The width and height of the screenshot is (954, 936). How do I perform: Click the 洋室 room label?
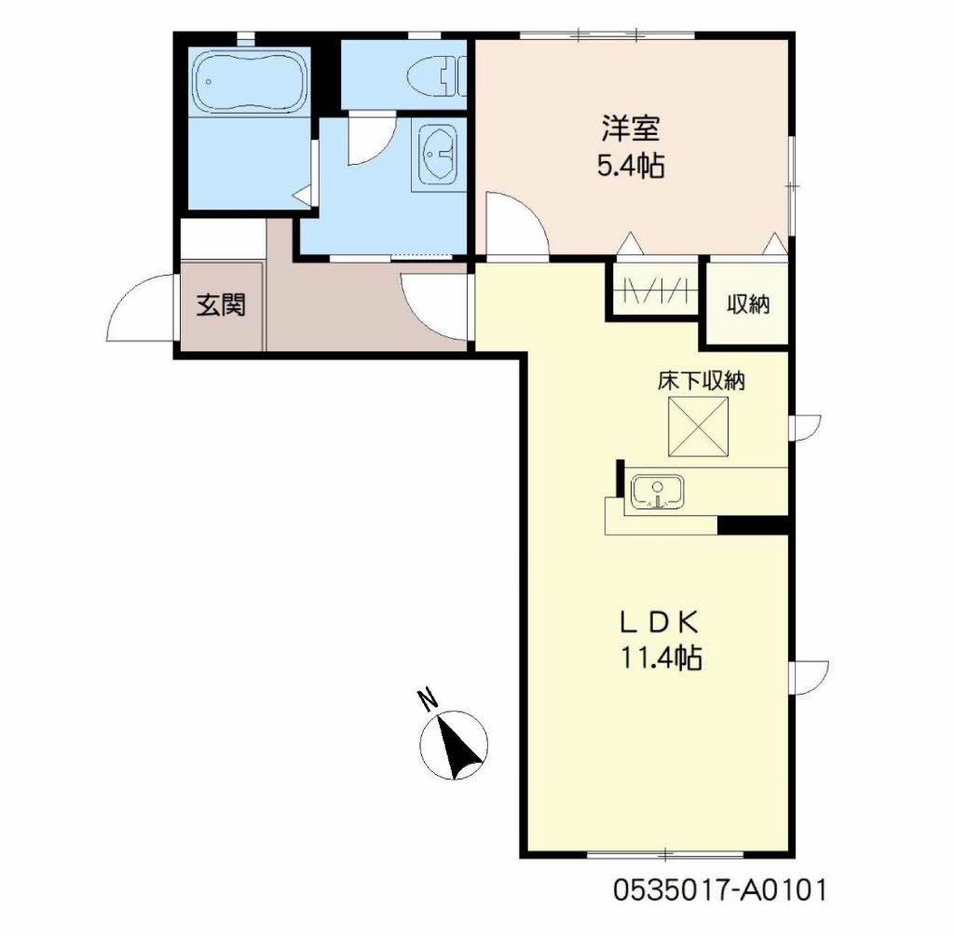pyautogui.click(x=630, y=128)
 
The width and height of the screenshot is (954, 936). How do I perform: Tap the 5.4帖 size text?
pyautogui.click(x=630, y=167)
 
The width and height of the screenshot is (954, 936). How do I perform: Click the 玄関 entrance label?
pyautogui.click(x=221, y=305)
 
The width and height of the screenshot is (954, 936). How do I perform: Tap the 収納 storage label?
pyautogui.click(x=748, y=305)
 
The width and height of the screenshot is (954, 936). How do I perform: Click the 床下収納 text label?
pyautogui.click(x=700, y=380)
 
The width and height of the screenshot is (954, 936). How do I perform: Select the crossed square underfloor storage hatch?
pyautogui.click(x=700, y=426)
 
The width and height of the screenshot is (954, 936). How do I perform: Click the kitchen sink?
pyautogui.click(x=657, y=492)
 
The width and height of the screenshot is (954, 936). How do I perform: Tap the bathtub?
pyautogui.click(x=250, y=82)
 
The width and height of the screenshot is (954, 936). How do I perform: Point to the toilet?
pyautogui.click(x=438, y=75)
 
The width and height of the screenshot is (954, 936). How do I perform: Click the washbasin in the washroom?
pyautogui.click(x=437, y=154)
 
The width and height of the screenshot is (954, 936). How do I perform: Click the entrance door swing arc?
pyautogui.click(x=140, y=309)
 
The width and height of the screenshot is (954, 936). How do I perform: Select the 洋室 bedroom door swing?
pyautogui.click(x=514, y=223)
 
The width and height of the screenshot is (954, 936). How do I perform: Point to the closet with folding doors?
pyautogui.click(x=656, y=289)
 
